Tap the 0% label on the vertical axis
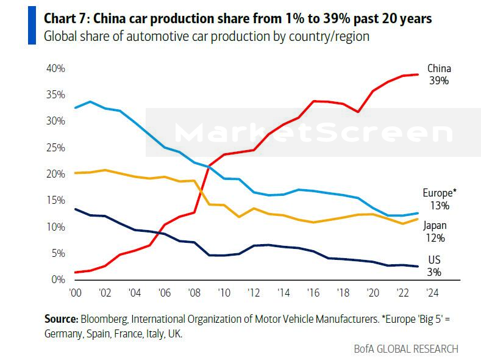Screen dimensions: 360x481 point(59,279)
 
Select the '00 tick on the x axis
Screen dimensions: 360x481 point(76,292)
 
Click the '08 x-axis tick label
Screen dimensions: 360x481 point(194,292)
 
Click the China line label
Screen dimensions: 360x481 point(438,68)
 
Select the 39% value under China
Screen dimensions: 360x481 point(438,81)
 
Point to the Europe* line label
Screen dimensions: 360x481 point(440,192)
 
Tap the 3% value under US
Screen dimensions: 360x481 point(434,273)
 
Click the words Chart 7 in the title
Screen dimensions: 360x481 point(65,19)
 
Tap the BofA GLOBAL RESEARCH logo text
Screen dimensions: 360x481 point(406,349)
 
